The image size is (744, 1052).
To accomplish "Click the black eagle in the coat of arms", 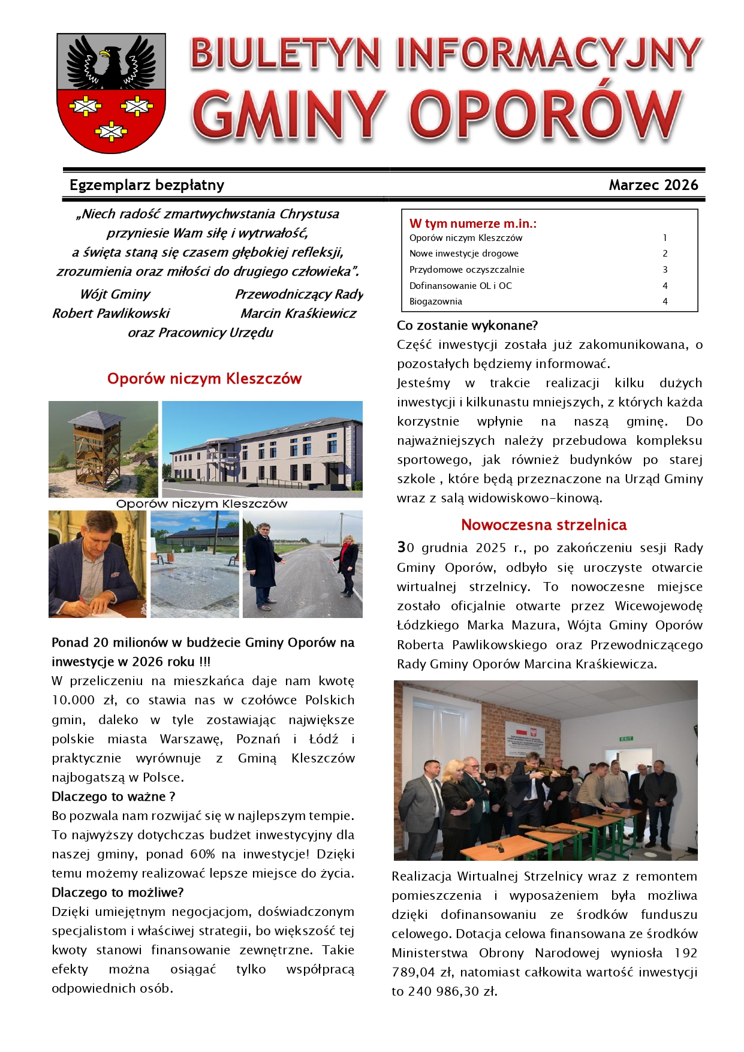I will tap(111, 63).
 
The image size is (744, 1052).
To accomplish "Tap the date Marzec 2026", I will tap(653, 185).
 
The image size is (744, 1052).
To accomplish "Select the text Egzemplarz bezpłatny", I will tap(147, 185).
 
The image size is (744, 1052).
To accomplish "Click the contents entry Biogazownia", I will tap(436, 302).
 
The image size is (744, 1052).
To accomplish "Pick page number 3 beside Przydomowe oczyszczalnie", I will tap(665, 270).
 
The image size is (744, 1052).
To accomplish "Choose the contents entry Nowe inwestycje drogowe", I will tap(463, 254).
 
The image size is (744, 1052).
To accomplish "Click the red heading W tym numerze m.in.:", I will tap(472, 224).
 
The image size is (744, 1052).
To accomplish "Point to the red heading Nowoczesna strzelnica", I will tap(543, 525).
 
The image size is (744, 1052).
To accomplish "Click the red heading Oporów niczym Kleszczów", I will tap(204, 379).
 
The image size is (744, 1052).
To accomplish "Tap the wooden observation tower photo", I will tap(103, 448).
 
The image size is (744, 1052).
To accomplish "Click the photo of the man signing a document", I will tap(97, 563).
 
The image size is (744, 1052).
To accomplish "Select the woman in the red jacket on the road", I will tap(348, 563).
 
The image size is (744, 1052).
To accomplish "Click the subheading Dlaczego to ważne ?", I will tap(113, 797).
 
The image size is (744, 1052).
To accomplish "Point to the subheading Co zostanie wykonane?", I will tap(467, 325).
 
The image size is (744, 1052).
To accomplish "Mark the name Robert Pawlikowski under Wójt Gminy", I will tap(111, 314).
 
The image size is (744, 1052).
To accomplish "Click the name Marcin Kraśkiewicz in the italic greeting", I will tap(298, 314).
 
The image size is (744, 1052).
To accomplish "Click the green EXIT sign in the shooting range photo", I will tap(626, 738).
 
